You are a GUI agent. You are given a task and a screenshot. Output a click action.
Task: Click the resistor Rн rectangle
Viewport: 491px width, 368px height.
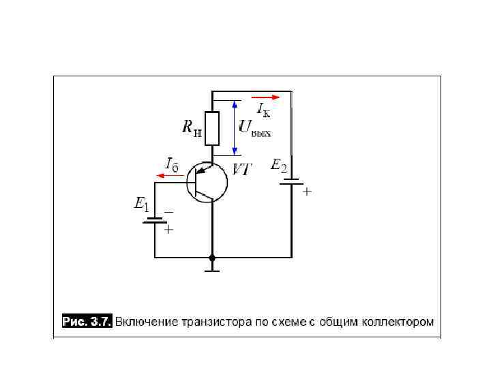pyautogui.click(x=213, y=129)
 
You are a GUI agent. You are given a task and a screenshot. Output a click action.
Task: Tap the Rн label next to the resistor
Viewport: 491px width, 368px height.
pyautogui.click(x=192, y=127)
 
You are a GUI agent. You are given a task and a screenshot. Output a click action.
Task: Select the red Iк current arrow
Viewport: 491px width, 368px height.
pyautogui.click(x=265, y=97)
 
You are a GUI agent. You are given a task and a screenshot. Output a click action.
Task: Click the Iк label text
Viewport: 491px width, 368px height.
pyautogui.click(x=263, y=109)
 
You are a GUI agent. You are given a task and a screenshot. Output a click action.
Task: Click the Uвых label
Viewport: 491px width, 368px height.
pyautogui.click(x=254, y=127)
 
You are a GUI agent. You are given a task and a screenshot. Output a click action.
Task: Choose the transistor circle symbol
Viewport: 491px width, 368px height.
pyautogui.click(x=207, y=183)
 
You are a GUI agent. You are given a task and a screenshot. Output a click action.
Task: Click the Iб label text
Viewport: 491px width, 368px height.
pyautogui.click(x=171, y=164)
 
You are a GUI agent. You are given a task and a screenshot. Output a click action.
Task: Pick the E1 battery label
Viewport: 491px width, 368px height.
pyautogui.click(x=142, y=203)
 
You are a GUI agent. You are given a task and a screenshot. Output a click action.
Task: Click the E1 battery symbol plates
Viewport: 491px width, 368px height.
pyautogui.click(x=155, y=220)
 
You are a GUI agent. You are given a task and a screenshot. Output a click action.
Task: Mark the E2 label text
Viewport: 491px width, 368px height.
pyautogui.click(x=280, y=165)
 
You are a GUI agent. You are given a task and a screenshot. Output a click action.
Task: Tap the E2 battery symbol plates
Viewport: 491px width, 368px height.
pyautogui.click(x=292, y=181)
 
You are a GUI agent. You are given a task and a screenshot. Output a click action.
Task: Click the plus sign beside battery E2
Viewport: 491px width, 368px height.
pyautogui.click(x=307, y=192)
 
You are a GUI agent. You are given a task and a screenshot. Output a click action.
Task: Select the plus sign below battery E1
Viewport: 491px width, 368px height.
pyautogui.click(x=169, y=230)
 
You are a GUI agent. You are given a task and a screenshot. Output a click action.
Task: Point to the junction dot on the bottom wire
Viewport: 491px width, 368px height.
pyautogui.click(x=212, y=258)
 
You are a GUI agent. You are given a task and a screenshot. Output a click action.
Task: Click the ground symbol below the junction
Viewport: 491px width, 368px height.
pyautogui.click(x=212, y=270)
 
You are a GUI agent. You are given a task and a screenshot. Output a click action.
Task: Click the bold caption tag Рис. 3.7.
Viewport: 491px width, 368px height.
pyautogui.click(x=86, y=321)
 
